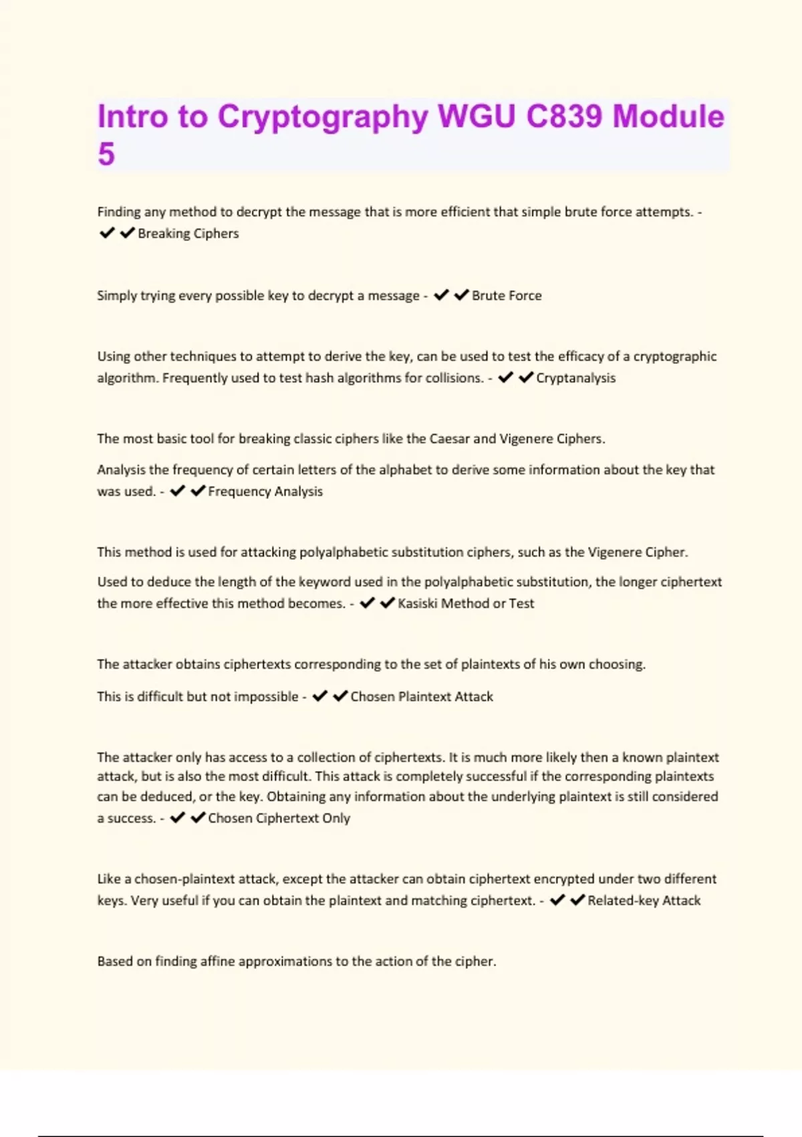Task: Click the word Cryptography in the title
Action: pos(323,116)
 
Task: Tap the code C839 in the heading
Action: pos(565,116)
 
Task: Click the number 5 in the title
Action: pos(106,154)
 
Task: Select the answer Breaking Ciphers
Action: pos(188,233)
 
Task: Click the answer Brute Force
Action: pos(507,296)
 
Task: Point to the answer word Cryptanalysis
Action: pos(575,378)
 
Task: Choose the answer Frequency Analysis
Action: pos(265,492)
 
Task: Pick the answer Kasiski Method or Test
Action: pos(466,603)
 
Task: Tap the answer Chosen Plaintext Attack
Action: pos(422,697)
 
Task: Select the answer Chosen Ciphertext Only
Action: pos(279,818)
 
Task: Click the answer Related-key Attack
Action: pos(644,901)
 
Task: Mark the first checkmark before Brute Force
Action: pos(440,295)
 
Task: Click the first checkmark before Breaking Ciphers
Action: pos(106,233)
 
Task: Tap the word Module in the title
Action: pos(668,116)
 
